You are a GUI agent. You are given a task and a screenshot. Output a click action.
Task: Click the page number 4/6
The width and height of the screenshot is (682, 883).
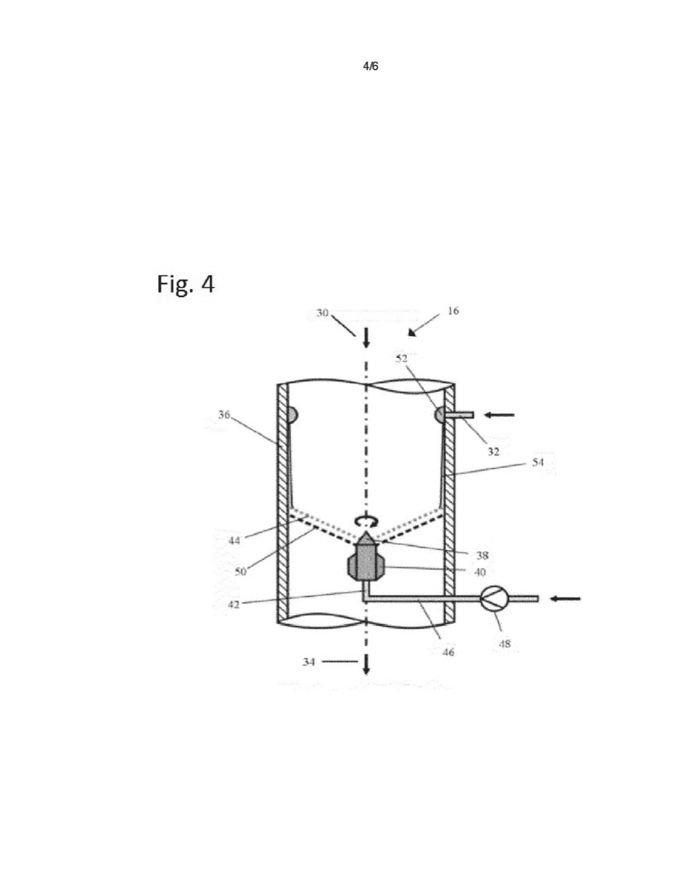coord(371,67)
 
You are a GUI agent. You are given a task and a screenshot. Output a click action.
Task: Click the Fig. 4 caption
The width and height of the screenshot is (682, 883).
coord(185,284)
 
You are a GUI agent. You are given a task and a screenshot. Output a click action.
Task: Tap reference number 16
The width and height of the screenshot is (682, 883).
coord(453,311)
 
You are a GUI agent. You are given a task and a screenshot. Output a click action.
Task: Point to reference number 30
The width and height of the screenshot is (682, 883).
coord(322,313)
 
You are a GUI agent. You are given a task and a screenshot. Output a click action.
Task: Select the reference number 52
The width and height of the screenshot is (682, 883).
coord(401,358)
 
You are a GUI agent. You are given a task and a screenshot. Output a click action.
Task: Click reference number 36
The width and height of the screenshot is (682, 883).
coord(224,415)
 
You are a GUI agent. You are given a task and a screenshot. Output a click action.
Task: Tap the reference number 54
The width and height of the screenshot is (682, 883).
coord(537,462)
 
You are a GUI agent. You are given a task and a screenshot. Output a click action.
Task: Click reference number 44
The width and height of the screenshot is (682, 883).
coord(234,541)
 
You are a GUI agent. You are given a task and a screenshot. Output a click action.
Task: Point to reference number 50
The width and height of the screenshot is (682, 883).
coord(241,572)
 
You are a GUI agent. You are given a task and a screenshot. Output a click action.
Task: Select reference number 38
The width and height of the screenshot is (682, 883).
coord(482,555)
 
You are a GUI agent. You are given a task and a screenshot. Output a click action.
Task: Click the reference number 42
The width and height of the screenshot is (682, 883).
coord(234,605)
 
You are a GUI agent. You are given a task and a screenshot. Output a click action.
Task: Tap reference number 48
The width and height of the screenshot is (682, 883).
coord(504,644)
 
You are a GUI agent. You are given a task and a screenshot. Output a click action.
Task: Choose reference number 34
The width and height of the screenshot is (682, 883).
coord(309,662)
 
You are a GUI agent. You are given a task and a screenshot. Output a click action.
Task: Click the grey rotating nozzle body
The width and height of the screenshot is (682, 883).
coord(366,561)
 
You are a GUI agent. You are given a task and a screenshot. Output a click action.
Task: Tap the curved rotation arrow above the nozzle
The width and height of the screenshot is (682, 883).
coord(366,522)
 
